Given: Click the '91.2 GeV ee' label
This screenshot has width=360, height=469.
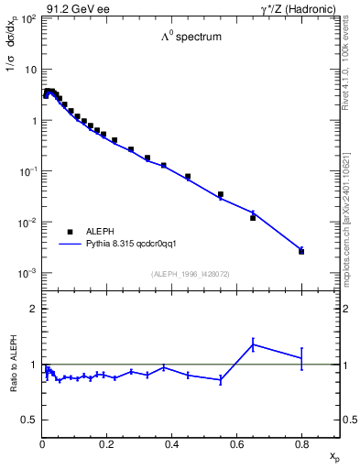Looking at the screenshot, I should (x=78, y=8).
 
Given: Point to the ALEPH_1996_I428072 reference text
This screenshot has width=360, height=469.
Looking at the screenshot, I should (x=191, y=274).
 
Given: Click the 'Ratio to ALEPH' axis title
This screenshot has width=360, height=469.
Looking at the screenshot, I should (x=16, y=364).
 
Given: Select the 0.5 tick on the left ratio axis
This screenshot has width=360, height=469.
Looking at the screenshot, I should (x=29, y=420).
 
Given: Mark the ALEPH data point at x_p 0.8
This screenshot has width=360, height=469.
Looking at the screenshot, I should (x=301, y=251).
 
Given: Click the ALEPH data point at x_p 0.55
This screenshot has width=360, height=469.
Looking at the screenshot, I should (x=221, y=194).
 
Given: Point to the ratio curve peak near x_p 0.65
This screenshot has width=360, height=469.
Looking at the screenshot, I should (x=253, y=344).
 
